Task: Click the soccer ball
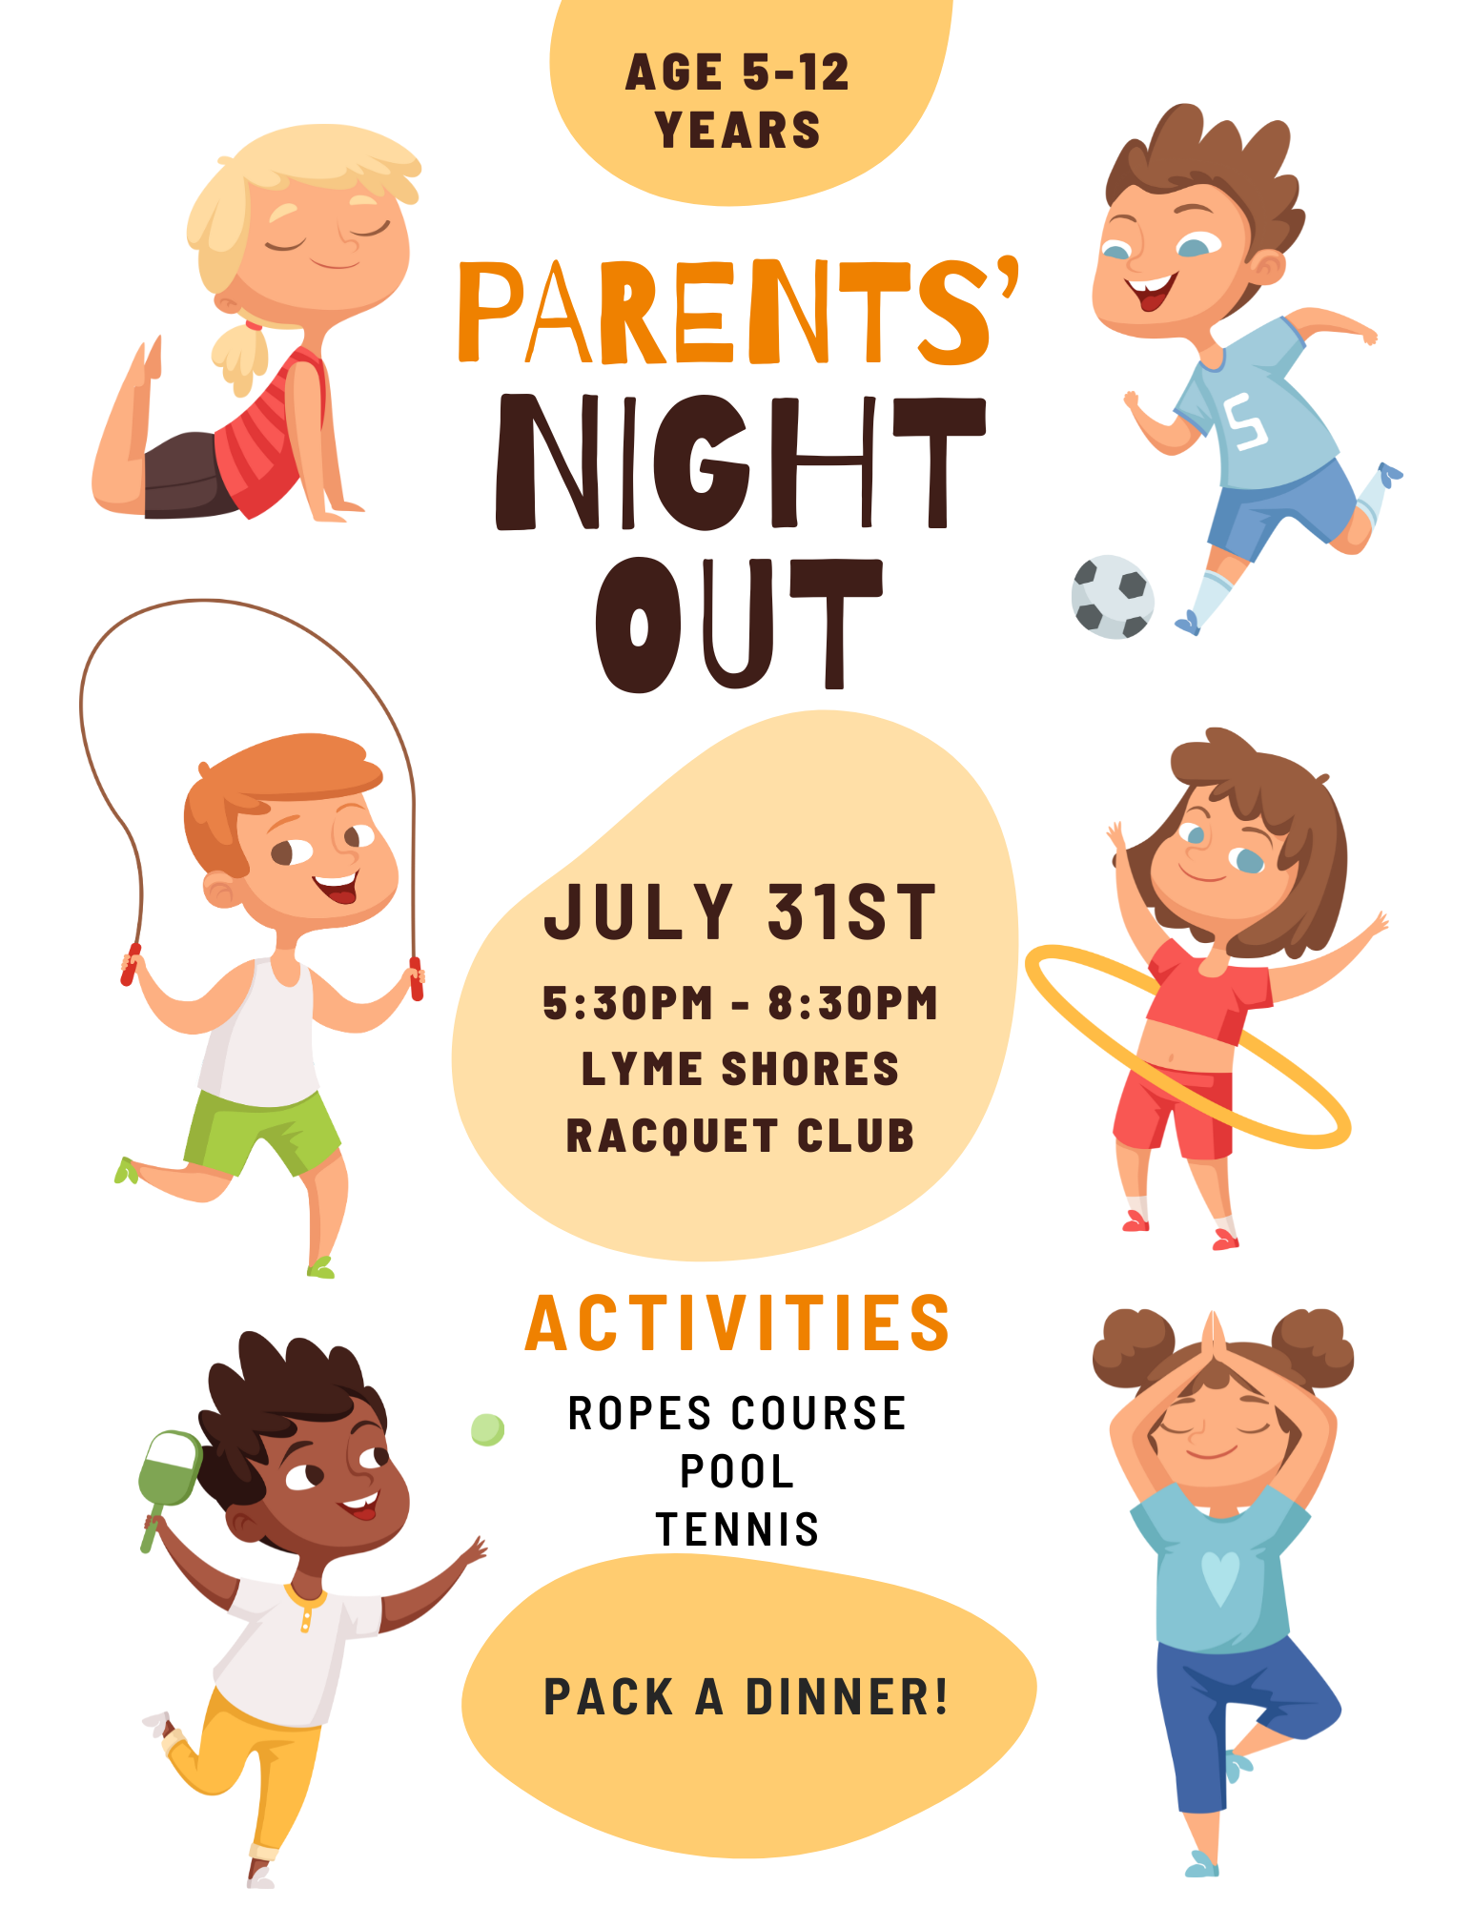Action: tap(1112, 597)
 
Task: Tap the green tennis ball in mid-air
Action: tap(487, 1429)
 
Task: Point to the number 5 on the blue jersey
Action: tap(1245, 422)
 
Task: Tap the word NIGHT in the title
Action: tap(740, 461)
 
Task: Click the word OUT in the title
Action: tap(739, 625)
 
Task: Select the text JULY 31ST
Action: tap(740, 912)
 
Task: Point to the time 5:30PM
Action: tap(627, 1003)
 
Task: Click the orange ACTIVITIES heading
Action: tap(738, 1323)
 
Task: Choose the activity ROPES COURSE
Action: tap(737, 1413)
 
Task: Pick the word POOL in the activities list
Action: tap(737, 1471)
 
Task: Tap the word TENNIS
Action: tap(737, 1529)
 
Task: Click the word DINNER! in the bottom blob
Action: tap(847, 1697)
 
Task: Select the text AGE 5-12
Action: tap(737, 72)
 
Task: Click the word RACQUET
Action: tap(672, 1136)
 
